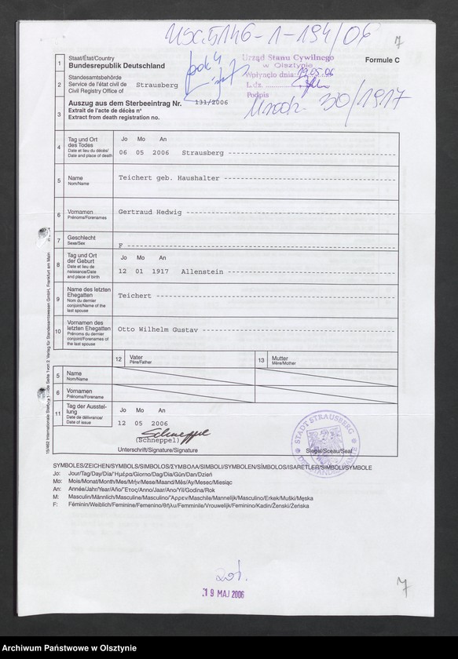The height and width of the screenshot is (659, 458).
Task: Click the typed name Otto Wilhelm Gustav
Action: [x=162, y=329]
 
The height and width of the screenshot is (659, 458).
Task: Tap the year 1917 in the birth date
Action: [x=162, y=270]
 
